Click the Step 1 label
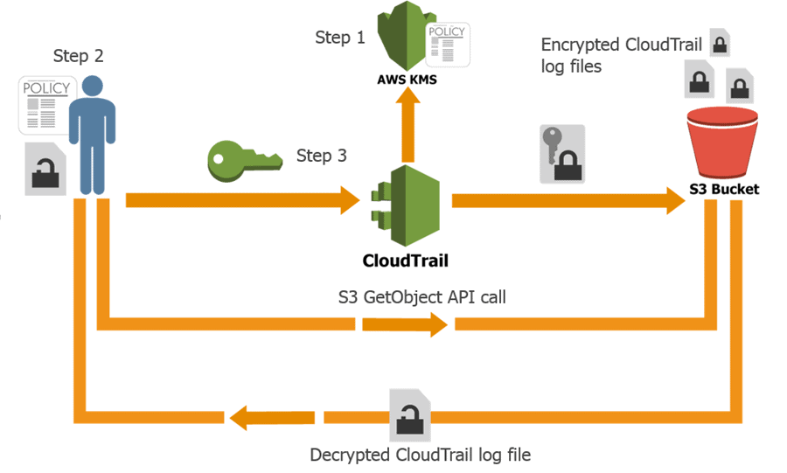(x=340, y=38)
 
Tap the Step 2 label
(x=79, y=56)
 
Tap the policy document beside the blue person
(x=41, y=103)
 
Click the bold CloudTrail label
(x=400, y=260)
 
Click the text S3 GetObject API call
(x=421, y=297)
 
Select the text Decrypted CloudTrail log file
(x=420, y=455)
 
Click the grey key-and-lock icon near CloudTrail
(x=560, y=154)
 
